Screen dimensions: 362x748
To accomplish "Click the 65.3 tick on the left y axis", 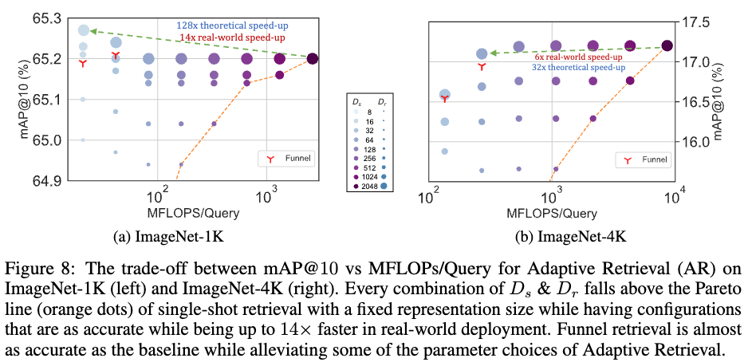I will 49,18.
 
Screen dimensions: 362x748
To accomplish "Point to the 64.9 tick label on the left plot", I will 49,181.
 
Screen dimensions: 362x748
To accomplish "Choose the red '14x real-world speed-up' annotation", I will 232,37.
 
